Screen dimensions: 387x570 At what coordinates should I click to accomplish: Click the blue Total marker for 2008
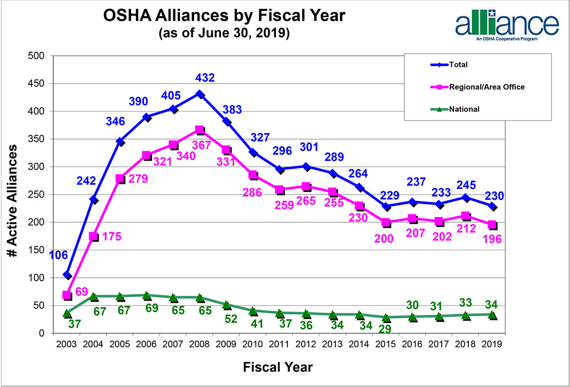coord(200,94)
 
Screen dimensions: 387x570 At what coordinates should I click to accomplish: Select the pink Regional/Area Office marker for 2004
coord(94,236)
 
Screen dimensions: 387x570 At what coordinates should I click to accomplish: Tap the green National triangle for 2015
coord(386,317)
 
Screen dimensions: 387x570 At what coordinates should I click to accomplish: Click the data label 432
coord(205,77)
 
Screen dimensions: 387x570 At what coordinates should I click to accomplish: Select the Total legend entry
coord(467,65)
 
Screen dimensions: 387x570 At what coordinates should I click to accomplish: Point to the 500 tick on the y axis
coord(36,56)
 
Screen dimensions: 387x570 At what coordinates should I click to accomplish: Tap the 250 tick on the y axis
coord(36,195)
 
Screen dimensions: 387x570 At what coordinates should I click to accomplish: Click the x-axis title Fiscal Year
coord(278,367)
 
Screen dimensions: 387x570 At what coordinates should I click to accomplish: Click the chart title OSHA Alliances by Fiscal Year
coord(224,17)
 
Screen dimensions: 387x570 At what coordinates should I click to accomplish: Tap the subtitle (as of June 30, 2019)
coord(224,34)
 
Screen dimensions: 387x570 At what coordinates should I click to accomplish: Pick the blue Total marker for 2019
coord(492,207)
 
